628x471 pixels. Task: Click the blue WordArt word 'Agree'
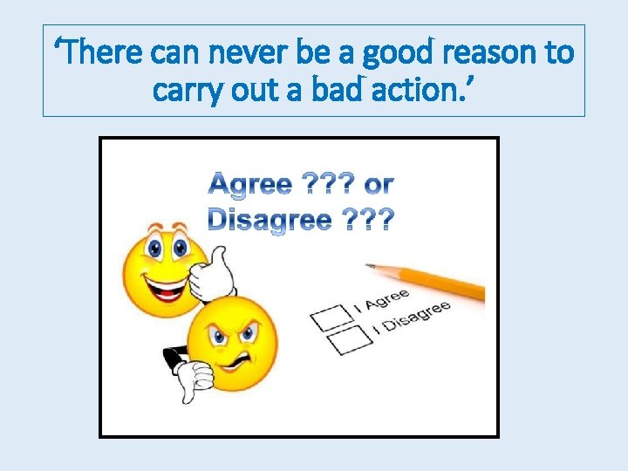[x=251, y=185]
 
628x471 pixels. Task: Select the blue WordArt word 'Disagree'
[x=270, y=219]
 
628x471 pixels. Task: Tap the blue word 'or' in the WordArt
[x=379, y=185]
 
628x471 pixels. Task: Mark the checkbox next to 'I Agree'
[x=327, y=317]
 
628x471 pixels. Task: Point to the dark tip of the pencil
[x=370, y=265]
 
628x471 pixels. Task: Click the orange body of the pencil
[x=436, y=281]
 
